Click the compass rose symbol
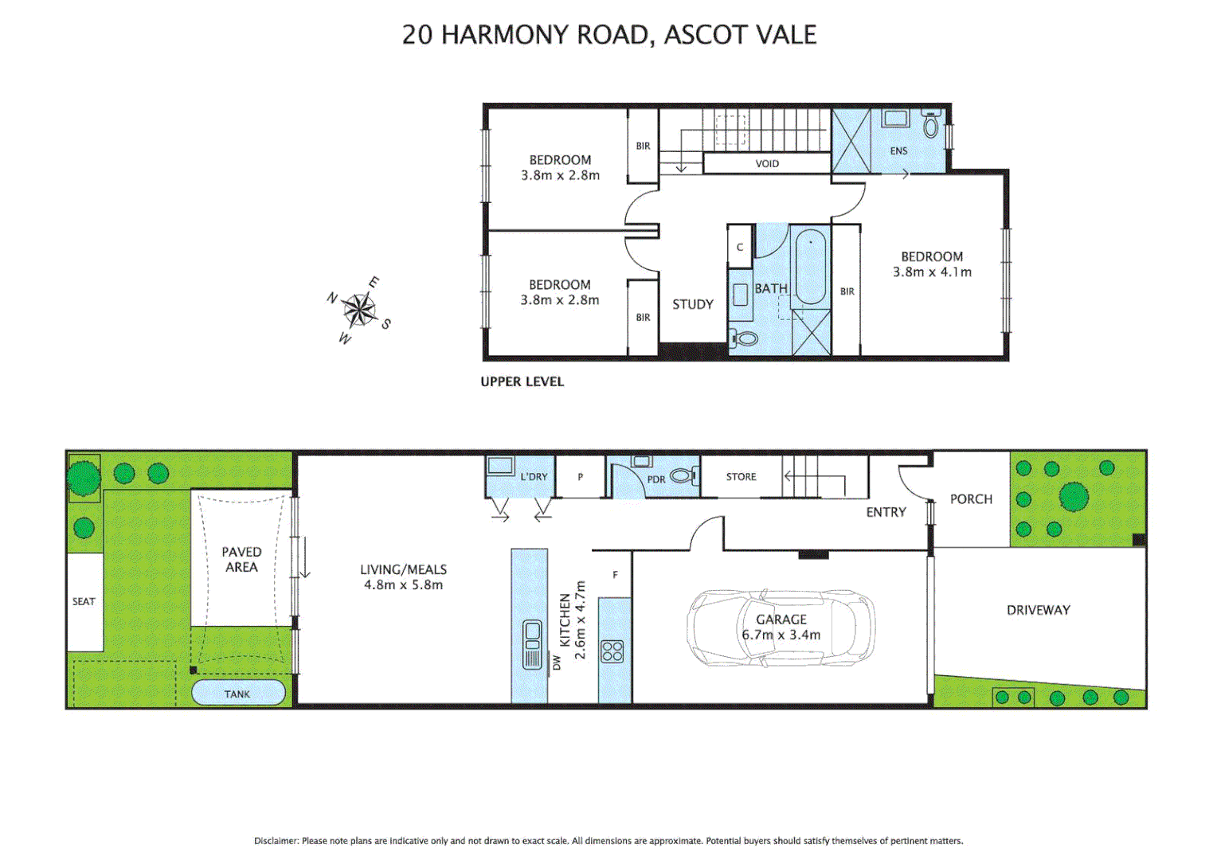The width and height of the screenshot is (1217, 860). [x=360, y=310]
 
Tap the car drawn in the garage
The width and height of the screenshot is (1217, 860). [x=781, y=627]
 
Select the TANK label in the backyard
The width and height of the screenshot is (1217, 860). [x=237, y=694]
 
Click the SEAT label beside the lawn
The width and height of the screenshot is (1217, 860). [x=84, y=601]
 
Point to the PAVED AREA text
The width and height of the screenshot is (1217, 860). [x=241, y=559]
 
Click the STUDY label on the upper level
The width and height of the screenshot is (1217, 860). [x=692, y=304]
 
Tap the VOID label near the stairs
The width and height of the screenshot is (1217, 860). [x=767, y=163]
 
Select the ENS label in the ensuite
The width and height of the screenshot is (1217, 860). [x=898, y=150]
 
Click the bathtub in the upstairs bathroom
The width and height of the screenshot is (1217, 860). [x=810, y=267]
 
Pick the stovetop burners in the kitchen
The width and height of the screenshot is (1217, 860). [x=612, y=651]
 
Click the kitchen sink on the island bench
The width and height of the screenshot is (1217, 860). [x=531, y=634]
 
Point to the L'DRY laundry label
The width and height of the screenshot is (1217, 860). [x=534, y=476]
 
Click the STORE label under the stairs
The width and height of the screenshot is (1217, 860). [x=741, y=476]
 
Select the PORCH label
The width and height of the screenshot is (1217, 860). [x=971, y=498]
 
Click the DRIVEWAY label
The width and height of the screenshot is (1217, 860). [x=1038, y=610]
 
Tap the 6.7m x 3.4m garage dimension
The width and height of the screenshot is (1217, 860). [x=781, y=635]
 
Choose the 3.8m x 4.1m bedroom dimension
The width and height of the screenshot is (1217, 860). [x=932, y=272]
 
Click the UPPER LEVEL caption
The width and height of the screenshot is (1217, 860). [x=522, y=381]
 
